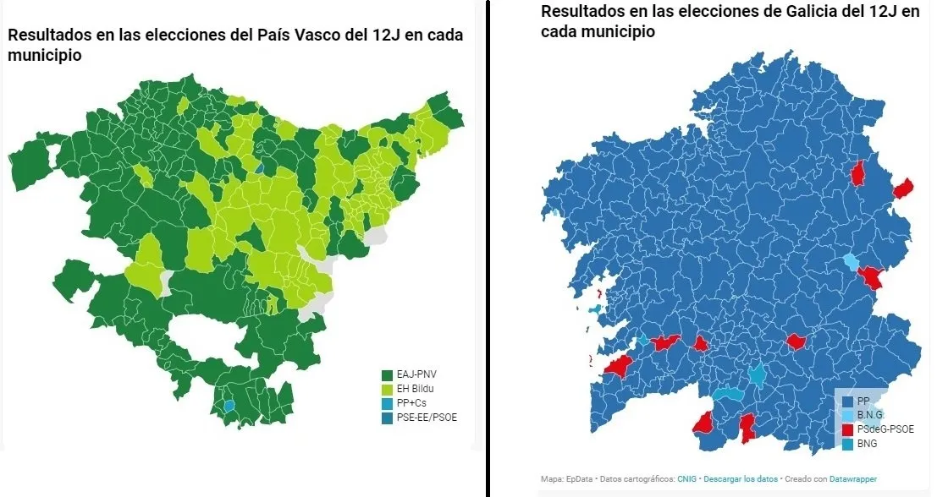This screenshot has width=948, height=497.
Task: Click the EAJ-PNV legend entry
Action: click(414, 374)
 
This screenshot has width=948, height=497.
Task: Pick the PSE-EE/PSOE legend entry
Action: click(421, 418)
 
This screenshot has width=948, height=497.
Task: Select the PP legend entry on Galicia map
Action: click(863, 401)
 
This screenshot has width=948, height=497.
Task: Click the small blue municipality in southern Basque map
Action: click(229, 406)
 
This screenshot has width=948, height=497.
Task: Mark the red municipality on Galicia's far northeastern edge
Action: click(904, 188)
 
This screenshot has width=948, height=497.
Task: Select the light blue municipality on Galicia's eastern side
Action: click(851, 260)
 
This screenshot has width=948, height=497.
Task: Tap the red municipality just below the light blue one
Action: click(870, 277)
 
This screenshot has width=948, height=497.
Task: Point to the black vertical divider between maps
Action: click(488, 254)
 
